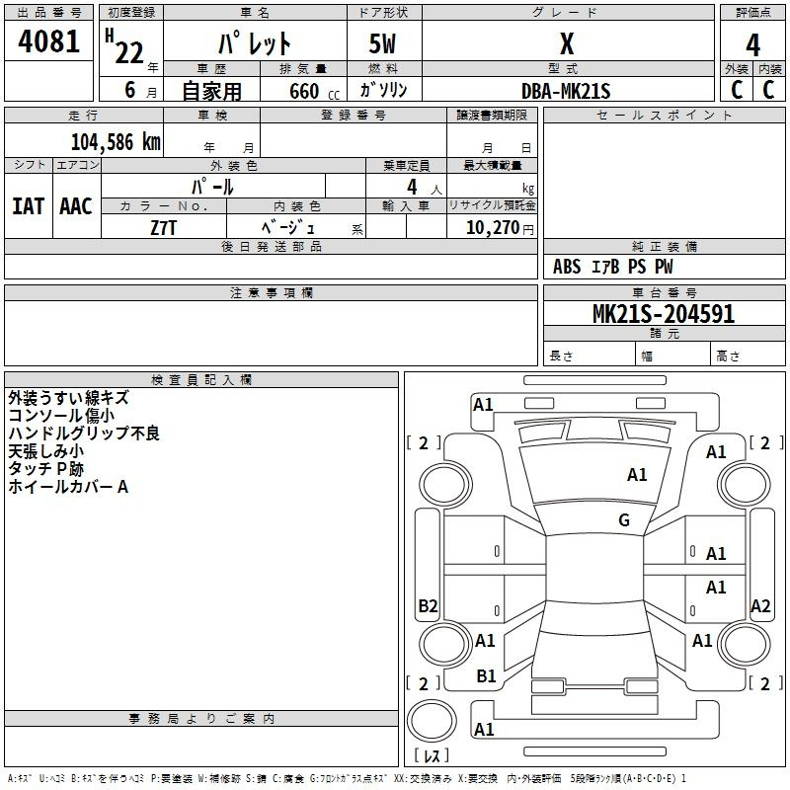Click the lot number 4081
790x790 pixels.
point(49,43)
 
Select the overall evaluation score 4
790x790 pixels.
point(753,45)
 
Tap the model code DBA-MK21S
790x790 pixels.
point(566,91)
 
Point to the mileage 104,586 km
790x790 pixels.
point(116,141)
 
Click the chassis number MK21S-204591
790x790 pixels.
point(664,314)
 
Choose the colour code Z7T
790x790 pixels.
point(164,227)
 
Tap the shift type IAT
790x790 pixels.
point(28,206)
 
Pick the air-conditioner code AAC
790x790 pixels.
point(76,206)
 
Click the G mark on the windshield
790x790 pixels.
point(624,520)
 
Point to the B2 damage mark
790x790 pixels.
point(428,606)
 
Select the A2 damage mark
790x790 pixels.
point(760,606)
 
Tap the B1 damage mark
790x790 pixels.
point(486,676)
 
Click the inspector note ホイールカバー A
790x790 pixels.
point(68,487)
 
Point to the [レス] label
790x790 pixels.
point(432,756)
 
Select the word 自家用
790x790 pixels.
point(212,91)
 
